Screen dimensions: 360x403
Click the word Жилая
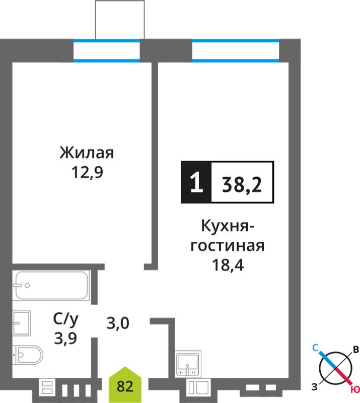[x=87, y=153]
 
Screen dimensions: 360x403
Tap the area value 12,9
[x=88, y=172]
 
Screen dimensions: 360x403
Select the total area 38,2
[x=242, y=184]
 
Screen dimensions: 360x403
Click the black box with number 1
[x=196, y=182]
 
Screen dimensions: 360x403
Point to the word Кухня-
[x=228, y=226]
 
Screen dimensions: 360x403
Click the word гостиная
[x=228, y=246]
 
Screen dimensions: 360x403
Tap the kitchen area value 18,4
[x=228, y=265]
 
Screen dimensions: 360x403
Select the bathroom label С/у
[x=66, y=319]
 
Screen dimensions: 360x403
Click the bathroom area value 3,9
[x=65, y=338]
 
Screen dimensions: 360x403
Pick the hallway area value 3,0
[x=118, y=323]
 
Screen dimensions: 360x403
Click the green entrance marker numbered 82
[x=125, y=385]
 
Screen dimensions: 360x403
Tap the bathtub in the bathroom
[x=51, y=285]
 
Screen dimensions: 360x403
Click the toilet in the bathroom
[x=28, y=355]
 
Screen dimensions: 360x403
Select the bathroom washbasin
[x=22, y=323]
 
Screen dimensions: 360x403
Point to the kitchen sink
[x=188, y=364]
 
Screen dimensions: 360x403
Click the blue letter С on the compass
[x=315, y=348]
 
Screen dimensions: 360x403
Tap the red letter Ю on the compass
[x=355, y=390]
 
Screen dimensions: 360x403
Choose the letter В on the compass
[x=356, y=350]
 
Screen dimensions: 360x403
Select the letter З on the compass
[x=315, y=387]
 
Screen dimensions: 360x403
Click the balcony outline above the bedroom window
[x=120, y=1]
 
